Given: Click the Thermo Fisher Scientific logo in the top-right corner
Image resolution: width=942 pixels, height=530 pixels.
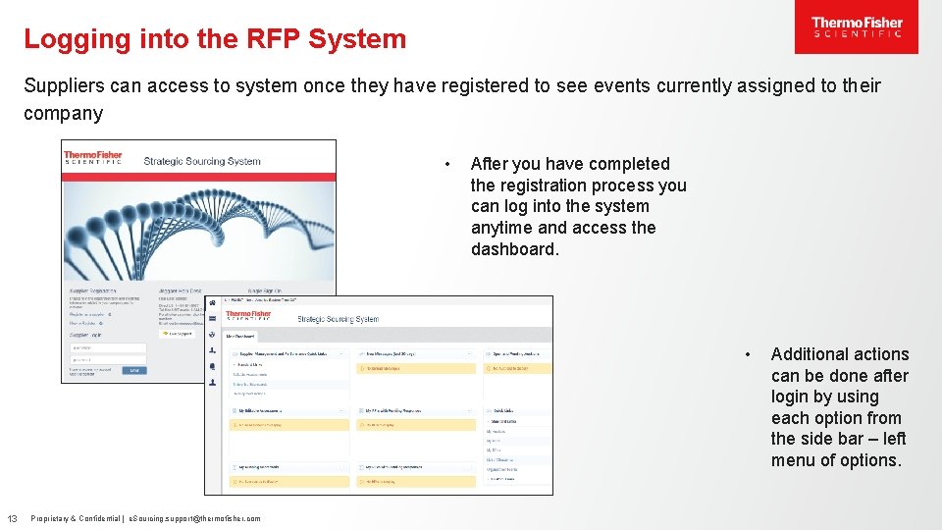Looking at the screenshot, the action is (x=856, y=28).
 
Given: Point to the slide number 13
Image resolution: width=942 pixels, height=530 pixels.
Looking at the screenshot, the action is (x=13, y=518).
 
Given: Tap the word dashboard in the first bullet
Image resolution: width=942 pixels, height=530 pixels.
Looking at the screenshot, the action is (x=515, y=249).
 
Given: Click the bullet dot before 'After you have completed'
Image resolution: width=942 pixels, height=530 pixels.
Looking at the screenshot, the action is (x=446, y=164).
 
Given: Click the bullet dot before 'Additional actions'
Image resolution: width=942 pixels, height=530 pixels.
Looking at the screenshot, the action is (x=748, y=354).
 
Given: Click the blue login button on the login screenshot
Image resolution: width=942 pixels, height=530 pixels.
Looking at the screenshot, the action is (x=134, y=370).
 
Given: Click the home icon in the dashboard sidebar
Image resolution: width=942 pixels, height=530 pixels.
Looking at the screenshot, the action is (x=213, y=302).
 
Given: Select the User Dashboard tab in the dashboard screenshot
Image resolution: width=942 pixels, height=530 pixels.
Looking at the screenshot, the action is (x=243, y=337).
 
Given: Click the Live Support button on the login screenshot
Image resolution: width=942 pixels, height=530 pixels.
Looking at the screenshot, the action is (x=179, y=333).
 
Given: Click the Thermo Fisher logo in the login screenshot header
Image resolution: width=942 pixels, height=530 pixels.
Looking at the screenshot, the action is (x=93, y=157).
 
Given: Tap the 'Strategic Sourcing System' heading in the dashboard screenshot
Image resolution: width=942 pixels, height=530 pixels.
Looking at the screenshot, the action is (x=338, y=318).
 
